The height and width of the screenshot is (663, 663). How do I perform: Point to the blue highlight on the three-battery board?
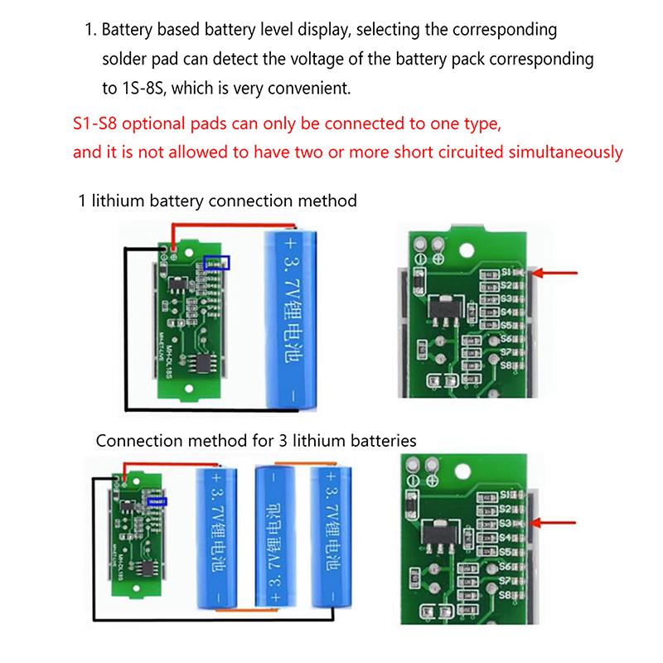155,501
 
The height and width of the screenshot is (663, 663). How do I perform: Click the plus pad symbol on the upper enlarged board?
437,259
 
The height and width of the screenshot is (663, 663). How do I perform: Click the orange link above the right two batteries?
305,462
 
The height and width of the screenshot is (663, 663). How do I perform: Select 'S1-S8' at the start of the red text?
96,125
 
